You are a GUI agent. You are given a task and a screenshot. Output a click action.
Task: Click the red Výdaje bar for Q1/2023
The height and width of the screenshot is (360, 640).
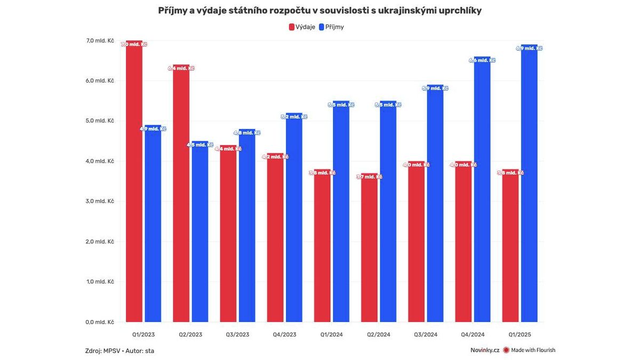134,181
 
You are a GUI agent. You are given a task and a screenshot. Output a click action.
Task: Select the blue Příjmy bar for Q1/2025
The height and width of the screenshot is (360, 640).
529,183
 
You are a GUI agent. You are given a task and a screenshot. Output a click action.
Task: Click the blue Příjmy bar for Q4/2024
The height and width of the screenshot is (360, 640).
482,189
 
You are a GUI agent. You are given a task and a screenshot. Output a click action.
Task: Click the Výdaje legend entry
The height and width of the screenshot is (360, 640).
302,27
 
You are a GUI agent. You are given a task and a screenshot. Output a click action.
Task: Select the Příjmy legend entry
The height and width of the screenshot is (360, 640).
331,27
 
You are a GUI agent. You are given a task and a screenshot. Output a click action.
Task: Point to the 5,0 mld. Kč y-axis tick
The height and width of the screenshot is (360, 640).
103,121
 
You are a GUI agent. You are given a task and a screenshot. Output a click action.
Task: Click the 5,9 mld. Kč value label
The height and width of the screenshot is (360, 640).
435,88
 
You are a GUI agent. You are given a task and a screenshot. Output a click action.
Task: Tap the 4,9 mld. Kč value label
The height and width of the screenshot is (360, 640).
153,129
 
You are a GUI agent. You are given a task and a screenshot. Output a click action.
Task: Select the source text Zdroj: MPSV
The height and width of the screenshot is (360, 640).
102,350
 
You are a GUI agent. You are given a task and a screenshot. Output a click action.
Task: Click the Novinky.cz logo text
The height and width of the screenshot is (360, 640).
484,350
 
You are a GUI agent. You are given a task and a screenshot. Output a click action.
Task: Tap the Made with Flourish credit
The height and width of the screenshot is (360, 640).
529,350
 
